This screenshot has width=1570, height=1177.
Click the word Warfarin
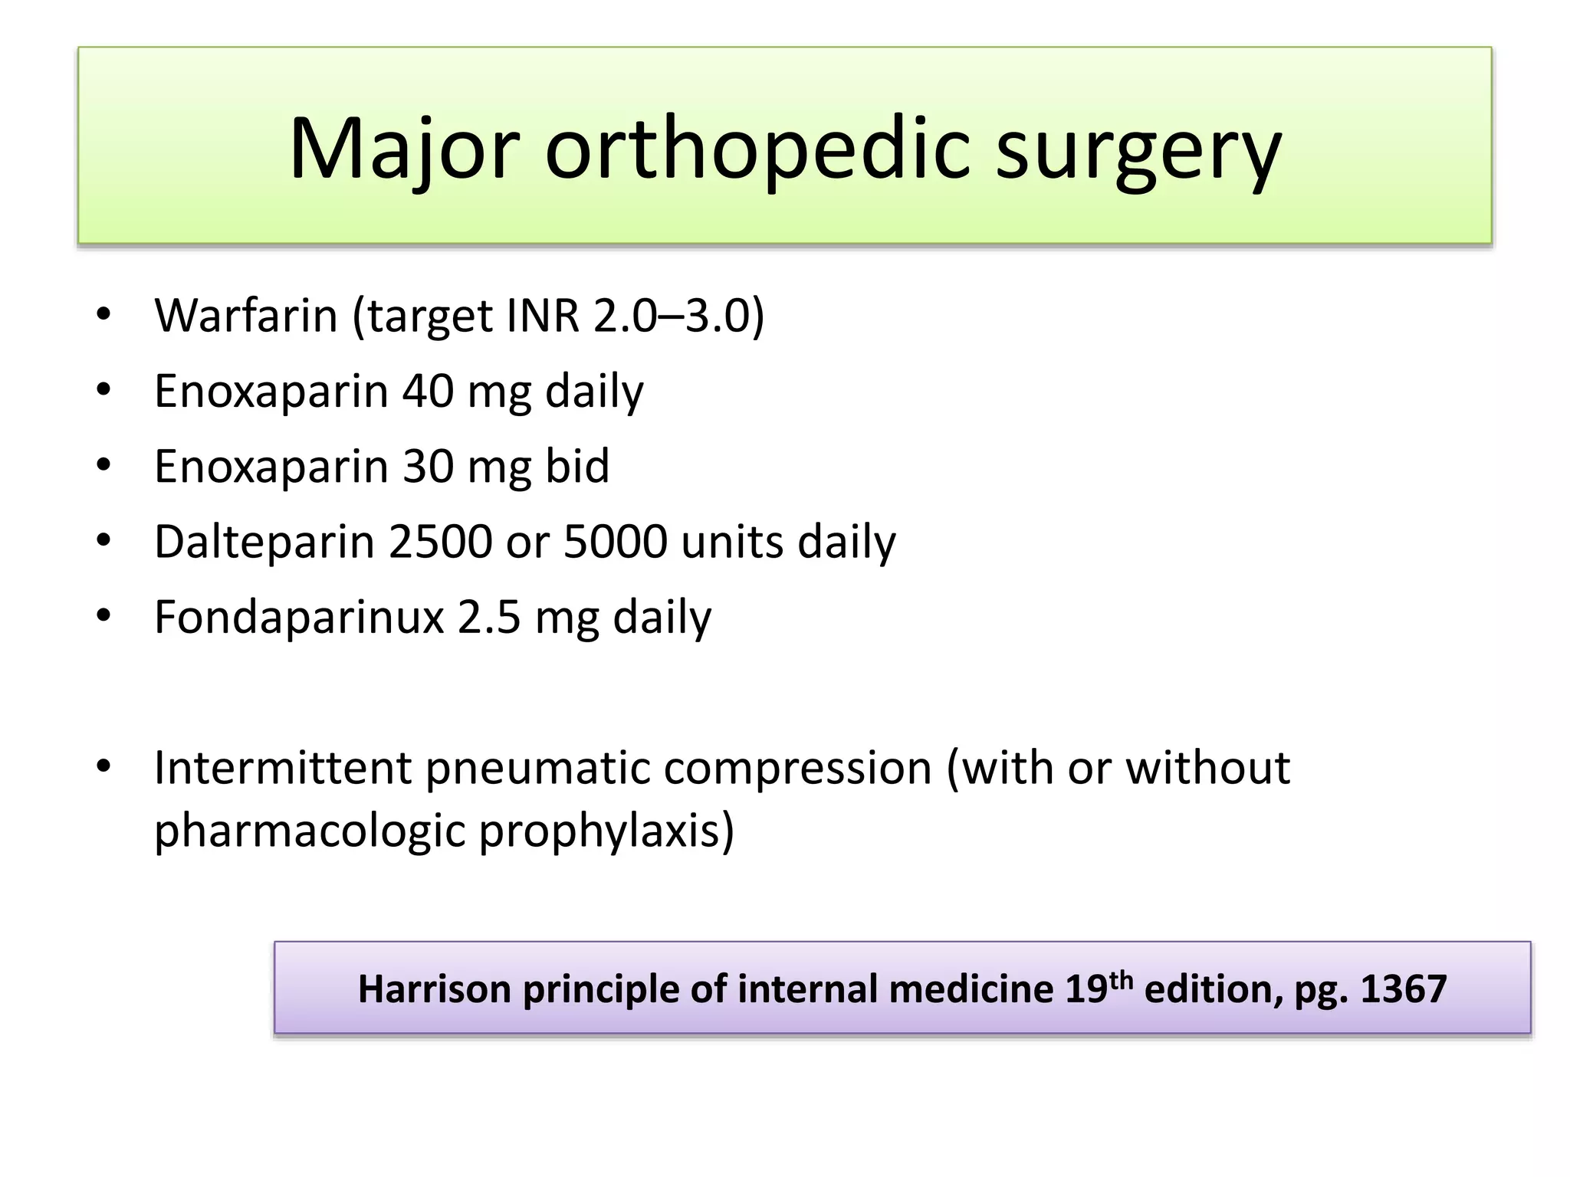tap(246, 315)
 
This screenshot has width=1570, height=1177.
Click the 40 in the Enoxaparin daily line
tap(428, 391)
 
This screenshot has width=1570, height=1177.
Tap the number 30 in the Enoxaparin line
tap(428, 466)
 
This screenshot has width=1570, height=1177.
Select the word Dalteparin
tap(264, 542)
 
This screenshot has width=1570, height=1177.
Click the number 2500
tap(440, 542)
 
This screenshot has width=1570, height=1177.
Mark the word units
tap(732, 542)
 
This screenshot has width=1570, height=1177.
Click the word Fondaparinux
tap(299, 617)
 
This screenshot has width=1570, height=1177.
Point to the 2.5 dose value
tap(489, 617)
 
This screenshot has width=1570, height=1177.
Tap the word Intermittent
tap(283, 768)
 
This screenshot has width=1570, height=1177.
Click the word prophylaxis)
tap(606, 831)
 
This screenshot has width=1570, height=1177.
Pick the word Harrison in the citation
tap(434, 989)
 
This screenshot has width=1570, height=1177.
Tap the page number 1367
tap(1403, 989)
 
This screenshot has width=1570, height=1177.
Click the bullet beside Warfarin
tap(103, 315)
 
